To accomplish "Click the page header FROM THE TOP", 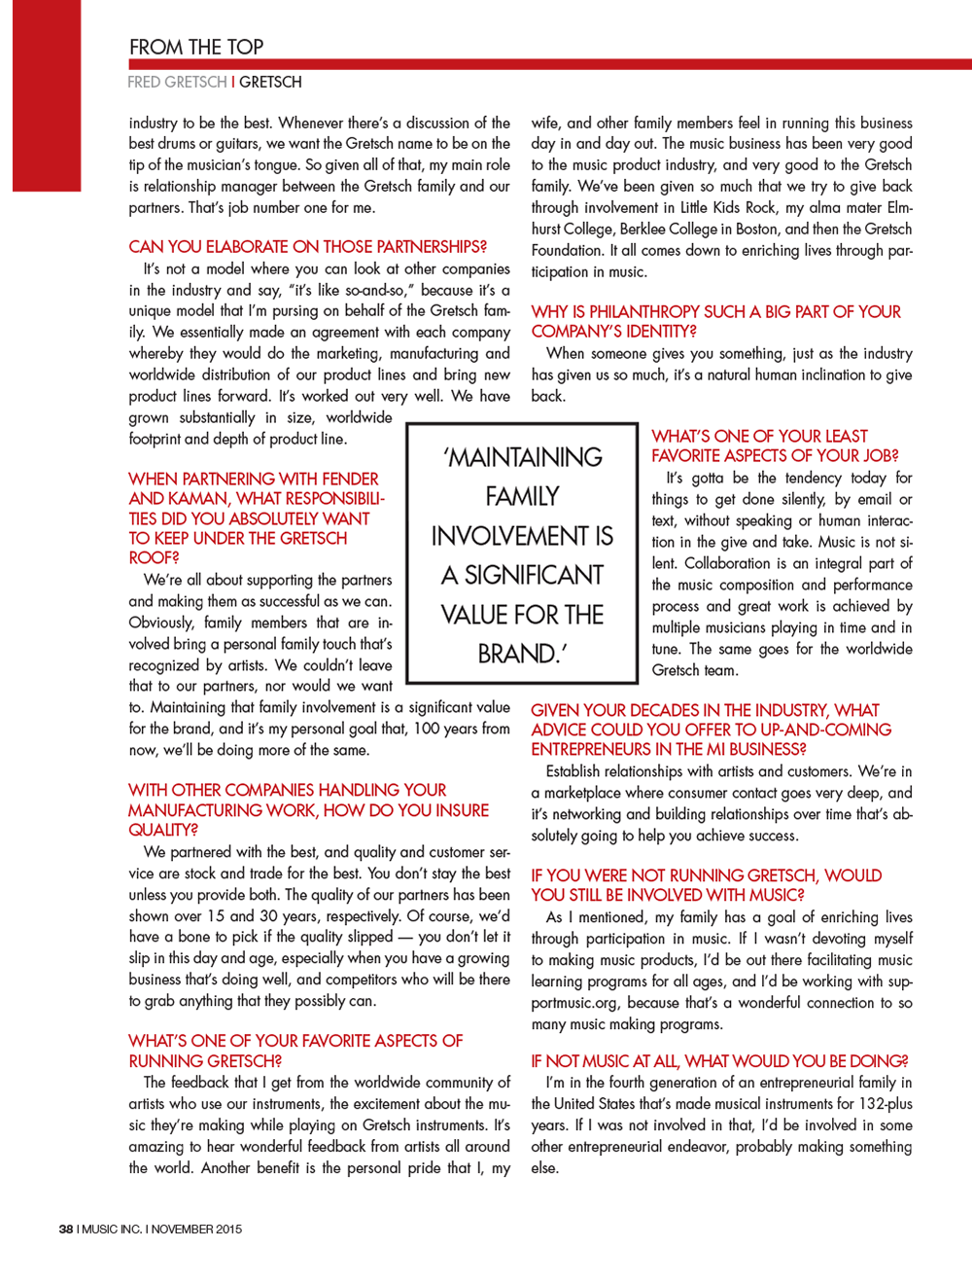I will [196, 47].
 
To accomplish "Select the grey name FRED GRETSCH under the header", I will [177, 83].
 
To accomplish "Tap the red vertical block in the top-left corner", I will [47, 95].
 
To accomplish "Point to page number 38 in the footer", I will [66, 1230].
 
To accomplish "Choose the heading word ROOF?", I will [154, 557].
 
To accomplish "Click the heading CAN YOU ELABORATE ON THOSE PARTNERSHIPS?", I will [307, 247].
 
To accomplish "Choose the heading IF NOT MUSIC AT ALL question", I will [719, 1061].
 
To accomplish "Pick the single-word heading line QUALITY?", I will [163, 830].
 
